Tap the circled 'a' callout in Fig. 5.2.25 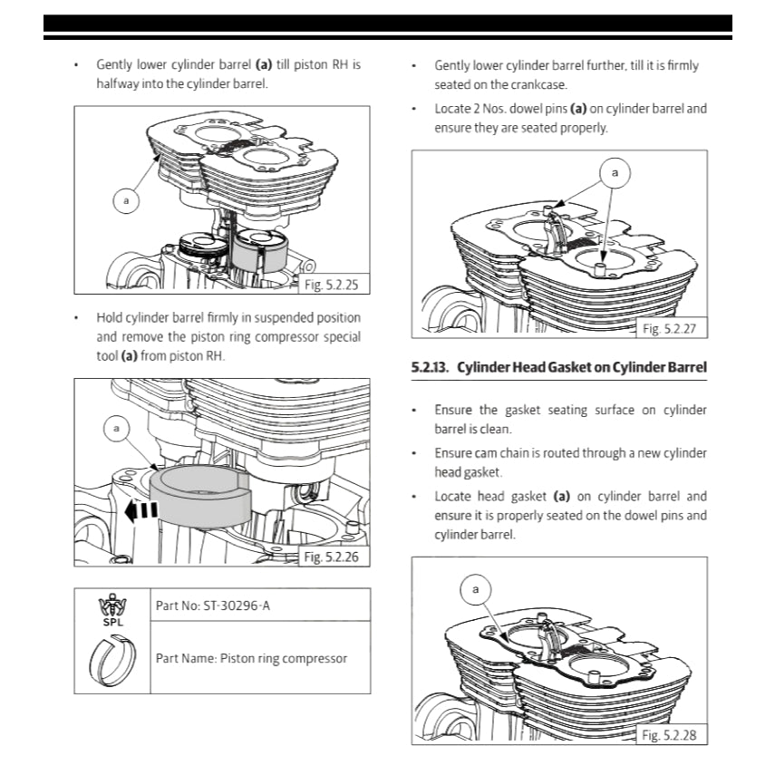126,199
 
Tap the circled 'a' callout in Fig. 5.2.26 116,426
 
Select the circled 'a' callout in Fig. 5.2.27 615,171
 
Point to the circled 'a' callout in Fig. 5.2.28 476,590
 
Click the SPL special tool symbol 114,610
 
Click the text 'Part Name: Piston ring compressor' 251,658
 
